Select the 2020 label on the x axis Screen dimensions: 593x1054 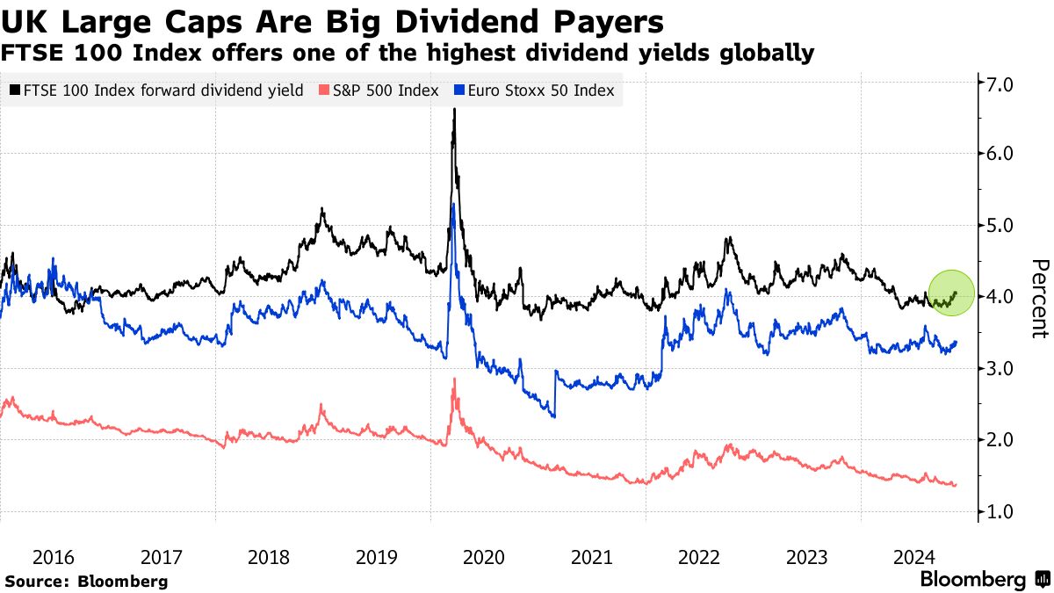[484, 556]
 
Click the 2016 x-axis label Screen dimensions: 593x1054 [54, 556]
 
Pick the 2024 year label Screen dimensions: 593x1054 [914, 556]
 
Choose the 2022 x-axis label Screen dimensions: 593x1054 [699, 556]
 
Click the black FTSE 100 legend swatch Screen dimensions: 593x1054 [15, 90]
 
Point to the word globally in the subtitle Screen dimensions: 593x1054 [763, 54]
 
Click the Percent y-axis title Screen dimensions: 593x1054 [1040, 299]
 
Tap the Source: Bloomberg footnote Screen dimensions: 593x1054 [86, 581]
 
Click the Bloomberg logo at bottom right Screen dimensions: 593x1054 [984, 580]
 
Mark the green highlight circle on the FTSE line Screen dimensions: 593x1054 [951, 293]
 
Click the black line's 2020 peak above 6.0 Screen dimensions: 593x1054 [454, 110]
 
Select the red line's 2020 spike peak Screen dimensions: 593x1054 [454, 379]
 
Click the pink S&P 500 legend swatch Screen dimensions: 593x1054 [324, 90]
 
